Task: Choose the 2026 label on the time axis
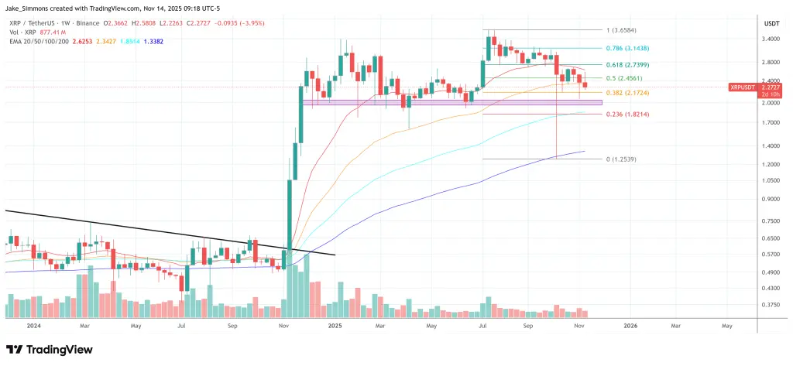(630, 327)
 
